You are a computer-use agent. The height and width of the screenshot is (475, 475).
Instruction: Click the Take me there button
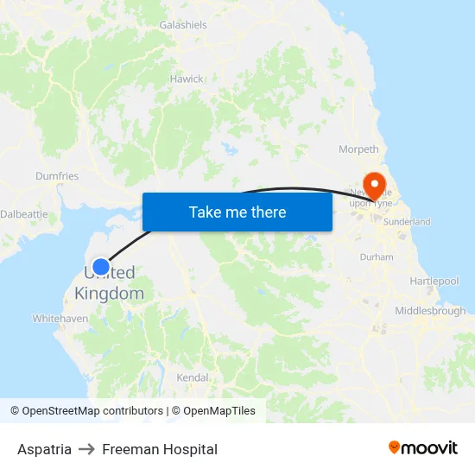coord(237,212)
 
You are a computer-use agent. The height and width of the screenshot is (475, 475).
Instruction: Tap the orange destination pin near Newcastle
coord(375,184)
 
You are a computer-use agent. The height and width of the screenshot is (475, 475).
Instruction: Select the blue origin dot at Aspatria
coord(101,267)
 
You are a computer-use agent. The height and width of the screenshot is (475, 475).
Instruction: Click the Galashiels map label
coord(183,25)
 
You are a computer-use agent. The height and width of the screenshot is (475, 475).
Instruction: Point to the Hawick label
coord(187,79)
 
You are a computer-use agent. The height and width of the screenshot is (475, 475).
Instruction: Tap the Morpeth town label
coord(358,149)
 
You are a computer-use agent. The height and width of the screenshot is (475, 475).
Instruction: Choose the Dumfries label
coord(57,176)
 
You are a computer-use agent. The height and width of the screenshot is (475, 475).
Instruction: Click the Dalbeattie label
coord(17,213)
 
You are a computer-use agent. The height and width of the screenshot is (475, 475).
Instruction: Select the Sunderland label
coord(407,222)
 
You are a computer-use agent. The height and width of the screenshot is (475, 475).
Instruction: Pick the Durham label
coord(377,257)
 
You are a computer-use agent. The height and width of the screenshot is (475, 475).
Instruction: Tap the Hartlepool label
coord(434,282)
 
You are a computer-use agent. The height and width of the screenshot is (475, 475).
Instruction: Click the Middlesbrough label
coord(430,311)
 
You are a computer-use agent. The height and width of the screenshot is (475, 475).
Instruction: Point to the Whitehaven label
coord(60,319)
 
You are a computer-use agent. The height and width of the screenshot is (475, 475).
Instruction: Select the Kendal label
coord(193,377)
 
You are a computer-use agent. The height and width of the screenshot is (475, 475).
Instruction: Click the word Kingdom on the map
coord(110,294)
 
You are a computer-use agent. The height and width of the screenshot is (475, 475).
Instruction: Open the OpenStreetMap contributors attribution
coord(86,411)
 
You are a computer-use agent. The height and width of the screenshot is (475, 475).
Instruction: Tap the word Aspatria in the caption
coord(44,449)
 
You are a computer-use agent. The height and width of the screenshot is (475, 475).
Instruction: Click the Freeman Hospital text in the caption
coord(160,449)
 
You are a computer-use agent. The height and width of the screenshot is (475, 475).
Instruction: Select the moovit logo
coord(423,447)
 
